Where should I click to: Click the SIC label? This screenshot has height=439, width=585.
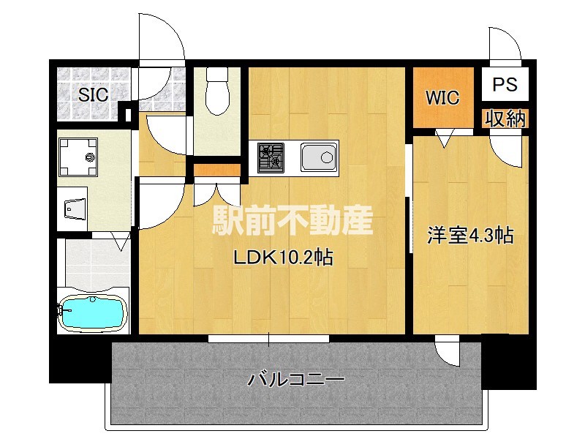(93, 94)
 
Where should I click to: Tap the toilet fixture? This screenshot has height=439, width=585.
(218, 91)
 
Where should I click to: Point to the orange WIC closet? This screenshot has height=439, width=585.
(442, 97)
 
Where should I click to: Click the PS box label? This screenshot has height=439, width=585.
(504, 84)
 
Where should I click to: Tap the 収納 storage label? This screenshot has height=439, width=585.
(505, 119)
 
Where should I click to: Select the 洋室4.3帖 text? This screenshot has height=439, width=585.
(469, 236)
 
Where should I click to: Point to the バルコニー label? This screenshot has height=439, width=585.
(296, 380)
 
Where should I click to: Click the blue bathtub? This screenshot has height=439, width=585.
(93, 314)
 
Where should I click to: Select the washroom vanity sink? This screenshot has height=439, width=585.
(72, 209)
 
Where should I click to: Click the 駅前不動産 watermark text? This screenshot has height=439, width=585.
(292, 220)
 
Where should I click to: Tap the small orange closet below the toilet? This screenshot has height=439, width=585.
(217, 171)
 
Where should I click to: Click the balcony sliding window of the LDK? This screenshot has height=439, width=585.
(268, 339)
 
